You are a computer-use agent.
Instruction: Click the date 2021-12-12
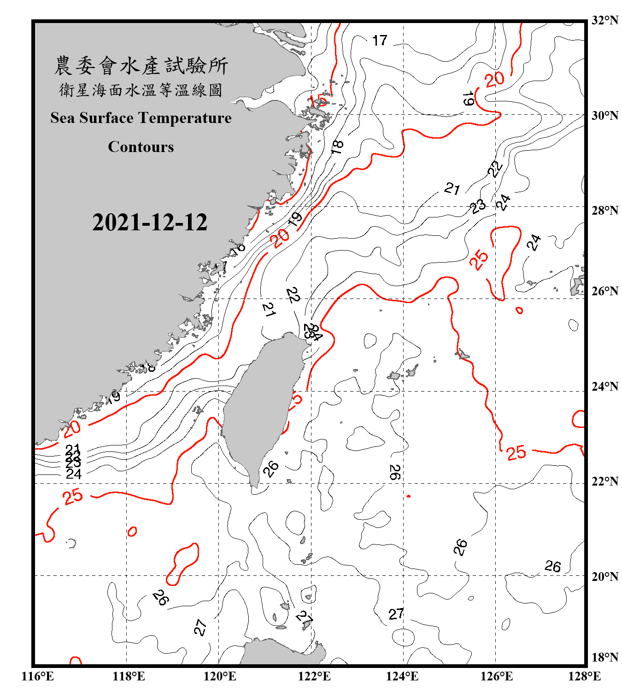[150, 223]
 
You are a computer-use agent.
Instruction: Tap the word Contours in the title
[141, 147]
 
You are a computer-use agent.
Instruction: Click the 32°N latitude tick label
[605, 20]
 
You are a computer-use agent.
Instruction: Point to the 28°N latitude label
[605, 211]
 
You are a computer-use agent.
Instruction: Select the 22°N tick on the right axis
[605, 481]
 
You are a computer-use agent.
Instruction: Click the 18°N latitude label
[605, 657]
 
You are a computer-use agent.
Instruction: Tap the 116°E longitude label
[38, 676]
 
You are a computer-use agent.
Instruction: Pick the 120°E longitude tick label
[220, 676]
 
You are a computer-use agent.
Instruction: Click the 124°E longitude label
[402, 676]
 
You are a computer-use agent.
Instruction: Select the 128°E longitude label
[584, 676]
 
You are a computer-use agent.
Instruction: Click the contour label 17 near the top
[380, 41]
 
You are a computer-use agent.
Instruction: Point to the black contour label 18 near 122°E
[337, 147]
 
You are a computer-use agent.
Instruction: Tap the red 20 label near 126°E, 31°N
[495, 79]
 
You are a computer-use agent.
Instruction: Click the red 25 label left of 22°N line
[73, 497]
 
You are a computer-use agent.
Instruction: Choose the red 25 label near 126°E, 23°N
[516, 452]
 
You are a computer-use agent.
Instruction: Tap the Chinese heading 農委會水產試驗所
[141, 66]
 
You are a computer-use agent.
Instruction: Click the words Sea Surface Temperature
[141, 118]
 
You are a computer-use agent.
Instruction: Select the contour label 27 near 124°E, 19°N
[396, 614]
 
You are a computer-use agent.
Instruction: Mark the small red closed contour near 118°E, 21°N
[132, 532]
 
